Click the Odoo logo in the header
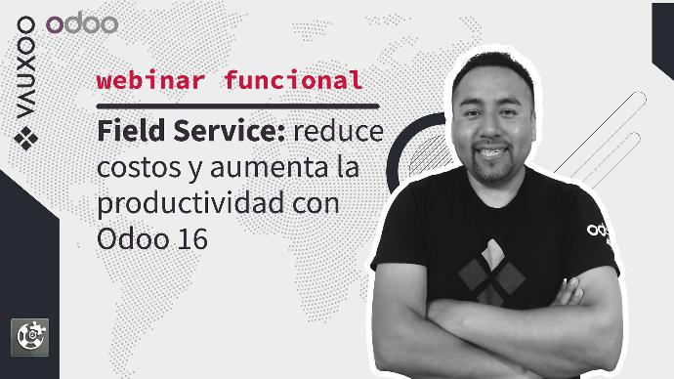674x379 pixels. [x=82, y=23]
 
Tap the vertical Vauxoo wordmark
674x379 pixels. [x=25, y=67]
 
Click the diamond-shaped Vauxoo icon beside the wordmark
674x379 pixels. [x=25, y=139]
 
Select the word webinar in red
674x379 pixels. [x=150, y=80]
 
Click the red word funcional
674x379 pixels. [x=293, y=80]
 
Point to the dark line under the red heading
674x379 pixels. [x=237, y=106]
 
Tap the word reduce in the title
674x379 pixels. [x=339, y=131]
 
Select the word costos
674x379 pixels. [x=139, y=168]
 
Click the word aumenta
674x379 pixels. [x=270, y=168]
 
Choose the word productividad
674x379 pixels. [x=190, y=203]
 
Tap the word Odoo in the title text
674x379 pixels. [x=133, y=239]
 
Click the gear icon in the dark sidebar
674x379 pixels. [x=29, y=337]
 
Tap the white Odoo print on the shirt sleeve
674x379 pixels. [x=599, y=231]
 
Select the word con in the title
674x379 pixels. [x=316, y=203]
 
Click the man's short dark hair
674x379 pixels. [x=494, y=65]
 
